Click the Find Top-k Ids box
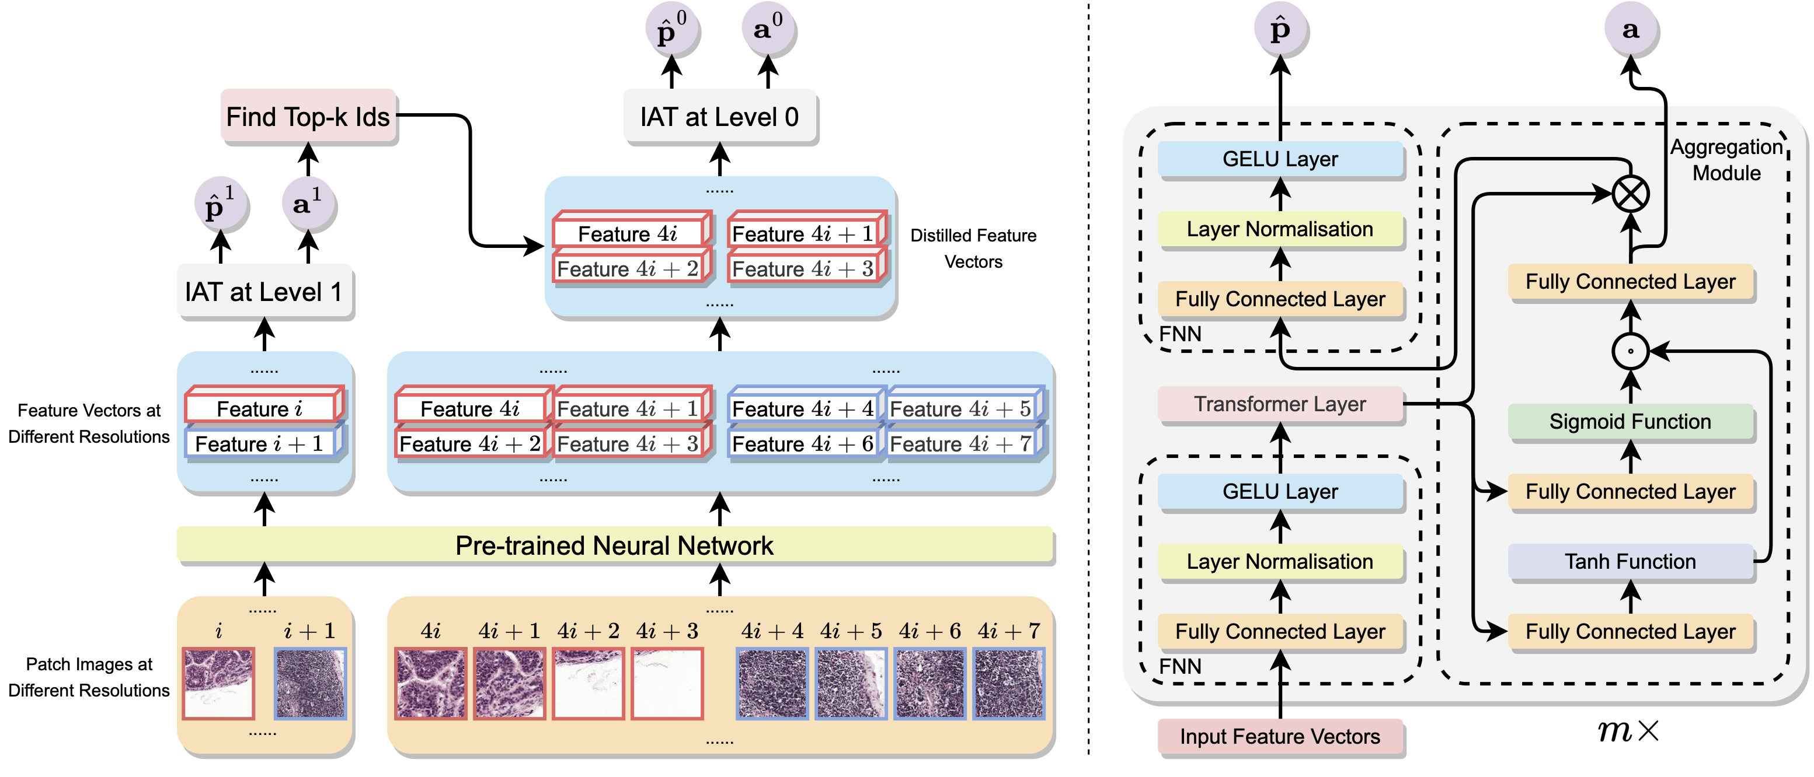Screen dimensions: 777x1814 (308, 117)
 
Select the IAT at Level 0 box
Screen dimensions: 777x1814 (720, 117)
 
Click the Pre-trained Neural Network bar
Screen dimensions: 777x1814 (614, 545)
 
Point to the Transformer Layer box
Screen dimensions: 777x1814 (1280, 404)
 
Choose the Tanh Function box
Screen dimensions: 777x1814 (1630, 562)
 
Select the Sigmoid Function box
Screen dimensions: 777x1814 (1630, 422)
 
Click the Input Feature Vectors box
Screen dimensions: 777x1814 (1280, 736)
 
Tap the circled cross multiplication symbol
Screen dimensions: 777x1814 (1630, 194)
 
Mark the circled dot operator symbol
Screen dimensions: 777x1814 (1630, 351)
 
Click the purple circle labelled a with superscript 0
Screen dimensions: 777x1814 (768, 30)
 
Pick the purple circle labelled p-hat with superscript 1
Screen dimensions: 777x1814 (221, 205)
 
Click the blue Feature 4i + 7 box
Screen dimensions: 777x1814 (962, 444)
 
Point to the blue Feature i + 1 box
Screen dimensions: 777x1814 (260, 444)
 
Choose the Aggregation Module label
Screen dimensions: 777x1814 (1726, 160)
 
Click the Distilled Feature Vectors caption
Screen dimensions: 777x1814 (973, 249)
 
